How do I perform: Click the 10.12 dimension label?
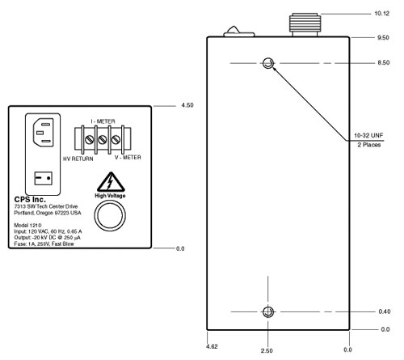click(x=382, y=14)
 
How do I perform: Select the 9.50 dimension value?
click(x=383, y=37)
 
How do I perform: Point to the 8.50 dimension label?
click(x=384, y=62)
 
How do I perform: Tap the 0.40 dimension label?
click(x=385, y=311)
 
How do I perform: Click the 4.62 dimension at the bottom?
click(x=212, y=346)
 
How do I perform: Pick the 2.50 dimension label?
click(x=267, y=350)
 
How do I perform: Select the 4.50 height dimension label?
click(x=187, y=105)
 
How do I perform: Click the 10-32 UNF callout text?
click(x=368, y=135)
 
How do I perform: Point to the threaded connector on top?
click(x=305, y=24)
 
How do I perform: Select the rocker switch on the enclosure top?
click(x=239, y=32)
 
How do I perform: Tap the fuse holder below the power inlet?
click(x=43, y=178)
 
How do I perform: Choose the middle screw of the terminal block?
click(x=103, y=140)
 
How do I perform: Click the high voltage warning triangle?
click(x=111, y=182)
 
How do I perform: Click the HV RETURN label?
click(x=78, y=159)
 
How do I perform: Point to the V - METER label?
click(x=128, y=158)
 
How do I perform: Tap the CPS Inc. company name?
click(x=30, y=200)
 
